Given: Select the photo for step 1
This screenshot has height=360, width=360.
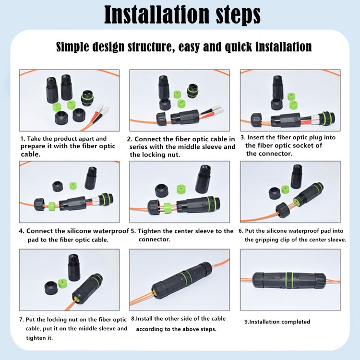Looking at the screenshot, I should click(69, 100).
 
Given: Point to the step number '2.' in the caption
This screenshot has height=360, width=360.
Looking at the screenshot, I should click(130, 139).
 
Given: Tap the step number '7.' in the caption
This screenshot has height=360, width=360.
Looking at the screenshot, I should click(22, 320).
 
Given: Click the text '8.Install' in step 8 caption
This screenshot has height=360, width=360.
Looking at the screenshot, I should click(144, 319).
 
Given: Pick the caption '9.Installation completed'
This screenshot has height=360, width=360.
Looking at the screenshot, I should click(277, 322).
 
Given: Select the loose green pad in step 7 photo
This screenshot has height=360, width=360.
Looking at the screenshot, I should click(61, 284).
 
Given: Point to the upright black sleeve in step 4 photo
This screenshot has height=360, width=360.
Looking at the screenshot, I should click(91, 178).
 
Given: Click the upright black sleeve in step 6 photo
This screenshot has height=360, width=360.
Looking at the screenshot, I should click(297, 176).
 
